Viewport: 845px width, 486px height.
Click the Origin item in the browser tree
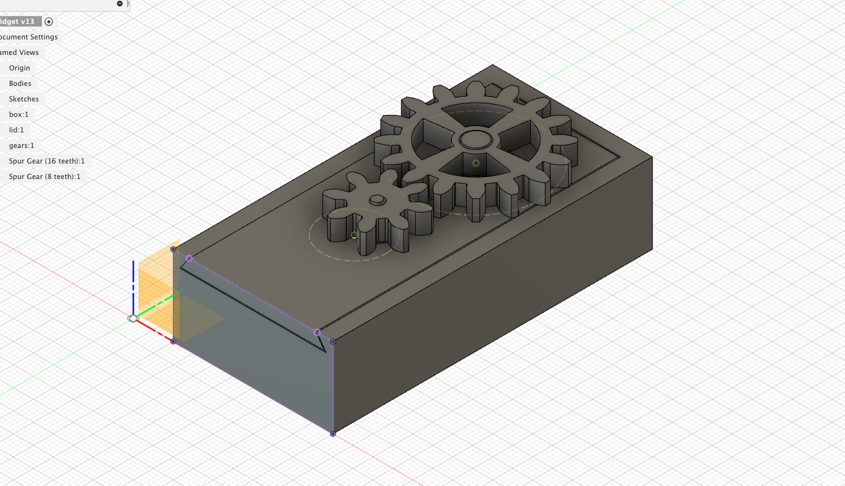(19, 68)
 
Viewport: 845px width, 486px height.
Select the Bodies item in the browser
(20, 83)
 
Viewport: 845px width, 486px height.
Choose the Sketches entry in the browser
(24, 99)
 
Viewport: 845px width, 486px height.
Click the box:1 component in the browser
(19, 114)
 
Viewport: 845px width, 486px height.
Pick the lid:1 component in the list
(16, 130)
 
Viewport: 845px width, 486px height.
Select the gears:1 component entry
(21, 145)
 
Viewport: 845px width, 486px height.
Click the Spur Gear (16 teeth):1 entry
(46, 161)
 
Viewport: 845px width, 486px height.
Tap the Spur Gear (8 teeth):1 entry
(45, 176)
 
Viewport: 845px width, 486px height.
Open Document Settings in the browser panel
(29, 37)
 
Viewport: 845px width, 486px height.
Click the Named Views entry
(19, 52)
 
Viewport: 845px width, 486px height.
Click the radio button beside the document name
(48, 21)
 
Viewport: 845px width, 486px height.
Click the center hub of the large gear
(476, 138)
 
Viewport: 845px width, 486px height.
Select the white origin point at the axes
(133, 318)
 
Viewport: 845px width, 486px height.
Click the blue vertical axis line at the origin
(133, 284)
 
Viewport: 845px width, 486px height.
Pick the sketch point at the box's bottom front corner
(333, 434)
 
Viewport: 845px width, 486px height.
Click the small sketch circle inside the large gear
(476, 163)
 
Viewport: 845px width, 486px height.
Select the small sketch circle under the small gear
(354, 235)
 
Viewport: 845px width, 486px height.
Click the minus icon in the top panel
(120, 3)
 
